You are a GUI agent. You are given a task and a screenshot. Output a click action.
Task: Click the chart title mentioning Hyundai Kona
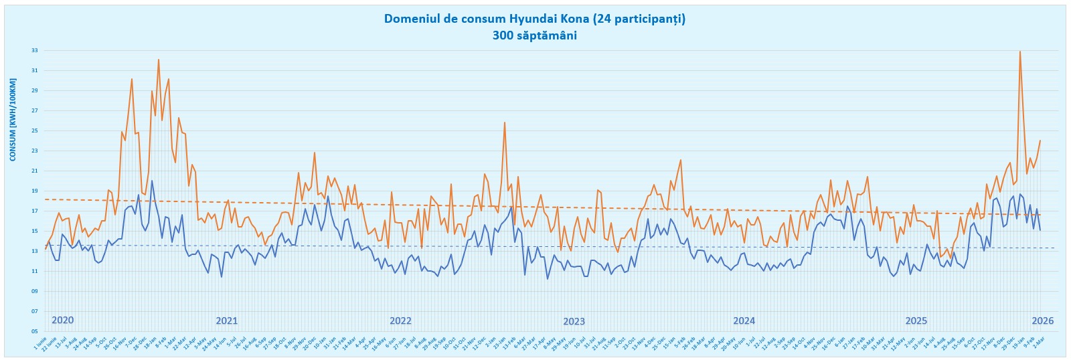(534, 19)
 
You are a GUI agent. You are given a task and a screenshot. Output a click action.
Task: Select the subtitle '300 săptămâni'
(534, 35)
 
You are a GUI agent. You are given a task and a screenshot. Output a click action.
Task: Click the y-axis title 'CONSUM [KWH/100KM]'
(13, 119)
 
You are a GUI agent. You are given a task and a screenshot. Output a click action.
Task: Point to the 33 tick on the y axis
(34, 50)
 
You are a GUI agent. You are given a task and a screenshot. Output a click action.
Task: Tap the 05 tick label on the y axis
(34, 331)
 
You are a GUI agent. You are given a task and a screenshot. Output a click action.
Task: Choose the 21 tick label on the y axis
(34, 171)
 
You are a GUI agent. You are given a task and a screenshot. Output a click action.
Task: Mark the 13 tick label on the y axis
(34, 251)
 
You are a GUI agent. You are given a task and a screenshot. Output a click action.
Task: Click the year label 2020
(62, 320)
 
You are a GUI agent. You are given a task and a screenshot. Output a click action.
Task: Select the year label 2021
(226, 321)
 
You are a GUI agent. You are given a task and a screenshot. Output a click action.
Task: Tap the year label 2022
(400, 321)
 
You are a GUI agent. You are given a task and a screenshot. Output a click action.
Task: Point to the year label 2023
(574, 321)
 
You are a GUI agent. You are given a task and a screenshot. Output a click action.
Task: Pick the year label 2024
(744, 321)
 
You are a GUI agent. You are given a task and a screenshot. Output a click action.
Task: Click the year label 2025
(916, 321)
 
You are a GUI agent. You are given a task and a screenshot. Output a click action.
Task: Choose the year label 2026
(1042, 321)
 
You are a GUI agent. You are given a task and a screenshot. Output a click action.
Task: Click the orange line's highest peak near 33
(1020, 52)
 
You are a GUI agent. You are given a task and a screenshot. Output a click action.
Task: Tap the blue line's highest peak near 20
(152, 181)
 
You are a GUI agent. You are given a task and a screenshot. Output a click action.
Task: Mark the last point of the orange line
(1040, 141)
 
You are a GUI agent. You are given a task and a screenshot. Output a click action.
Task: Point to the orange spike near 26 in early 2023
(505, 122)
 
